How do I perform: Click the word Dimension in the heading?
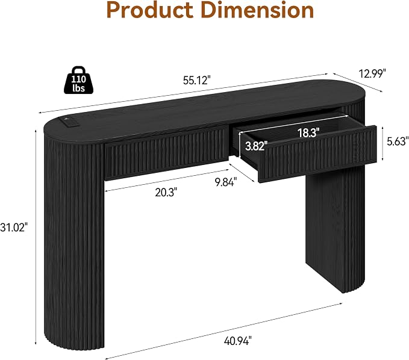click(x=258, y=10)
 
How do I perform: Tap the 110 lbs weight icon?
click(x=78, y=80)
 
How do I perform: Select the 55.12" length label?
click(x=196, y=80)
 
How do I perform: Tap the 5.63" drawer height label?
click(x=398, y=141)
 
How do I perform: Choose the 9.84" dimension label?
click(x=226, y=182)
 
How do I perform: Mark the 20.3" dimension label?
click(x=166, y=193)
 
